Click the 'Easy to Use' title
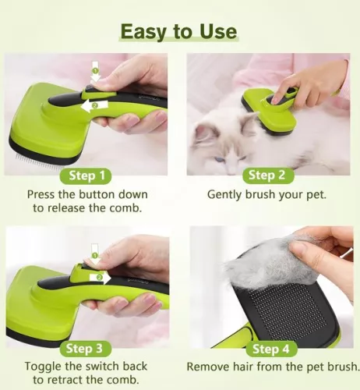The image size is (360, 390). click(x=179, y=32)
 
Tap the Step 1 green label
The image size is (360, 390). click(x=87, y=175)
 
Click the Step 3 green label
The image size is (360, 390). click(x=87, y=348)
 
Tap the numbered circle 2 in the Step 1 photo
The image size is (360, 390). click(x=94, y=105)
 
